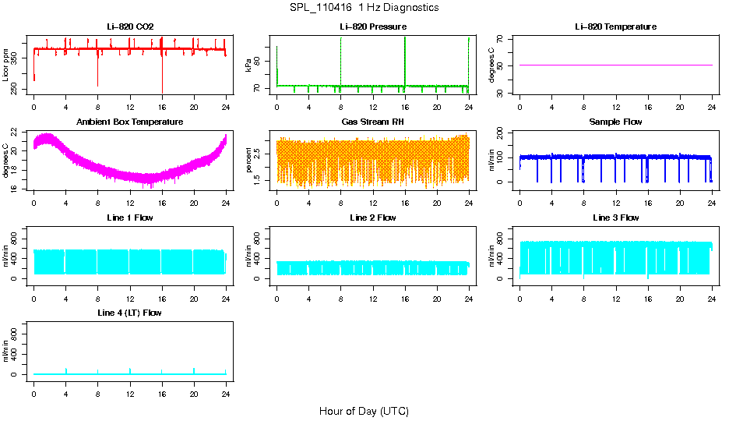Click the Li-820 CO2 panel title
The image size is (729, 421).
tap(130, 27)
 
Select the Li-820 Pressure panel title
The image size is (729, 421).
tap(372, 27)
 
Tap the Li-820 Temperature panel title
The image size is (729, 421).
tap(615, 27)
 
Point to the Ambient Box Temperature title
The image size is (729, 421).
tap(130, 122)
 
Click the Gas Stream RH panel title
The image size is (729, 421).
tap(372, 122)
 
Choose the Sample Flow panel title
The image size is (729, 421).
tap(615, 122)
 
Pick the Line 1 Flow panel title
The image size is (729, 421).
tap(130, 218)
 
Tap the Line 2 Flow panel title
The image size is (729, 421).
tap(372, 218)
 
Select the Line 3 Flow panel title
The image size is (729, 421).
tap(615, 218)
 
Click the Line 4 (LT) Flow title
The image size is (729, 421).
tap(130, 313)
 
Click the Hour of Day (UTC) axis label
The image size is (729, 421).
tap(364, 411)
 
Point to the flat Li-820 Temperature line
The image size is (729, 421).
tap(615, 65)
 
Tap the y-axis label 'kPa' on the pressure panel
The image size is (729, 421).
tap(248, 65)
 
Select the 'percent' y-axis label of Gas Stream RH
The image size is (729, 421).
tap(248, 161)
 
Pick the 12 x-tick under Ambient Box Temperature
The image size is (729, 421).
tap(130, 197)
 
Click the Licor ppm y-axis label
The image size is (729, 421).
tap(6, 65)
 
